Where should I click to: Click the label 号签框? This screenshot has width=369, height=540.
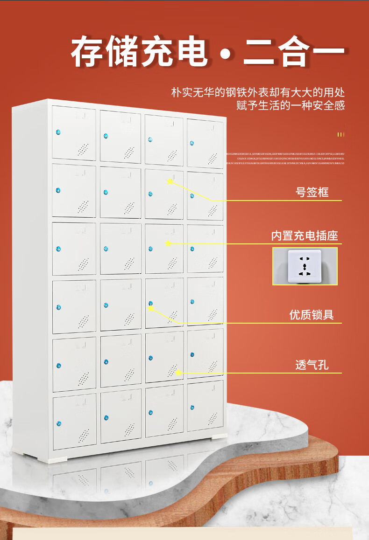tap(312, 192)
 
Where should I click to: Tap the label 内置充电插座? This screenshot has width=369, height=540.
tap(305, 235)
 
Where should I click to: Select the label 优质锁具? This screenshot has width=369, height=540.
tap(312, 315)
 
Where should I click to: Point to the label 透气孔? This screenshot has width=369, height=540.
tap(312, 365)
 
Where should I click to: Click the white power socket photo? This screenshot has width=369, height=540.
tap(305, 266)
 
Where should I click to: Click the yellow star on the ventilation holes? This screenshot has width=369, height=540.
tap(178, 372)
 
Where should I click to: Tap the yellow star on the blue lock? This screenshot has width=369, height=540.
tap(151, 308)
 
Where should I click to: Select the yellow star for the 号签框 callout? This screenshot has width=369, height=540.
tap(170, 181)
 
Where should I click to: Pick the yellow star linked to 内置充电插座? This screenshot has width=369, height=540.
tap(168, 243)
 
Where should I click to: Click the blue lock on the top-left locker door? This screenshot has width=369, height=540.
tap(59, 132)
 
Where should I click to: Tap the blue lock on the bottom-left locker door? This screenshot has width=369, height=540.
tap(59, 423)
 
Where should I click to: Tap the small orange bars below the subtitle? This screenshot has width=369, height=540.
tap(341, 135)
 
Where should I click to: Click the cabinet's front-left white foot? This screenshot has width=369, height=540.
tap(58, 459)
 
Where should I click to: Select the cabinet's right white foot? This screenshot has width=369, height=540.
tap(219, 436)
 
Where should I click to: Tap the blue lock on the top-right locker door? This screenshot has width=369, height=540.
tap(192, 143)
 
